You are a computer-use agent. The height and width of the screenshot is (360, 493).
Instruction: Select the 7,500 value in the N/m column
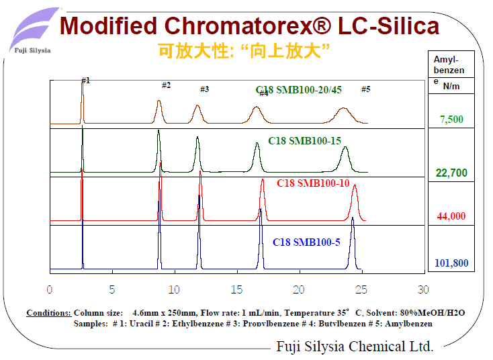coord(451,120)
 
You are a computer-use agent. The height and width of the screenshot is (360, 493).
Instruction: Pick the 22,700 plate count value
coord(451,173)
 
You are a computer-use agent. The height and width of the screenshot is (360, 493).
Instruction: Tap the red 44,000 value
coord(451,216)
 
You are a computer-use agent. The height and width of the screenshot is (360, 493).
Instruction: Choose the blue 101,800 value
coord(451,263)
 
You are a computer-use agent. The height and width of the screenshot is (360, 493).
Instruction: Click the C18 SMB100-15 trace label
coord(305,141)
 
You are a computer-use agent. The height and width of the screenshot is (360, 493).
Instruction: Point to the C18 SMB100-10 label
coord(313,183)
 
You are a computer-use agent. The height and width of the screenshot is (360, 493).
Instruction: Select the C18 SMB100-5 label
coord(306,242)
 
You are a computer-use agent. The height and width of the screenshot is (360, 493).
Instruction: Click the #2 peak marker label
coord(166,85)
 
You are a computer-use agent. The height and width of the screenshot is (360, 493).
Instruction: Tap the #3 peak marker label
coord(204,89)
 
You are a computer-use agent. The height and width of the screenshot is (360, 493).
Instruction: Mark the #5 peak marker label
coord(365,89)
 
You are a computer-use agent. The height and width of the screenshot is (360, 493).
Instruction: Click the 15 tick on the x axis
coord(236,289)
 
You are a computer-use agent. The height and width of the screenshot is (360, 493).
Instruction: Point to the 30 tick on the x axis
coord(422,289)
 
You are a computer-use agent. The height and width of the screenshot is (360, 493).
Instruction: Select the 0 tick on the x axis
coord(50,289)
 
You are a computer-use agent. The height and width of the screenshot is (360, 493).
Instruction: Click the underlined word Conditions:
coord(48,313)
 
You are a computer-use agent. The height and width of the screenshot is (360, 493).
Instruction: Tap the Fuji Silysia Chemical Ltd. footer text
coord(355,347)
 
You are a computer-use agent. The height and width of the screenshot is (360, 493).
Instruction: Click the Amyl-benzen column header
coord(449,65)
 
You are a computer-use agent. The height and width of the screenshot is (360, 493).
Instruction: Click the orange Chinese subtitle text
coord(245,50)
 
